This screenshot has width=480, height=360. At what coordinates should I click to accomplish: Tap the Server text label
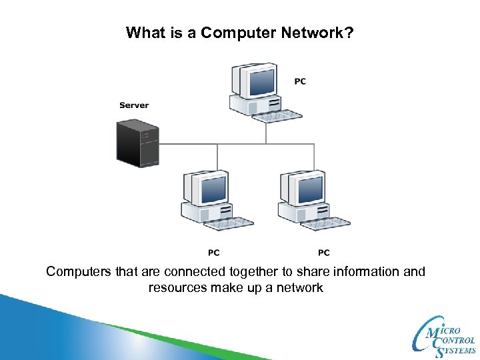click(x=134, y=105)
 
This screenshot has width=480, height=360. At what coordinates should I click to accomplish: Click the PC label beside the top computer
click(x=300, y=81)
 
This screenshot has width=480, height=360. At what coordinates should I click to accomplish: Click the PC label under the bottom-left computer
click(x=213, y=253)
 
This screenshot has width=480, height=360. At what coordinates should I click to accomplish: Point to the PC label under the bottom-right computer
click(x=323, y=253)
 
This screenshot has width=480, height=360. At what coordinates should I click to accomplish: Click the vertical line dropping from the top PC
click(x=266, y=133)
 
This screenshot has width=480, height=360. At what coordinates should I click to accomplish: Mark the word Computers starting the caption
click(x=77, y=272)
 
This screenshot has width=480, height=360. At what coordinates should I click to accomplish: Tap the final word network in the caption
click(x=299, y=288)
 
